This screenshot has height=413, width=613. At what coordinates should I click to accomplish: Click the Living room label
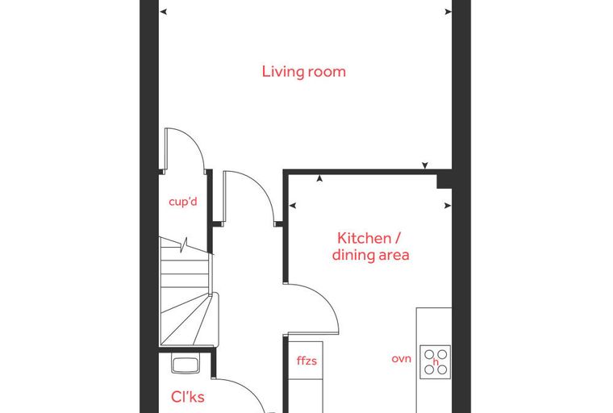tap(304, 72)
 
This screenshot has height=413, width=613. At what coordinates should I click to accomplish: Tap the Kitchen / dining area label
tap(370, 246)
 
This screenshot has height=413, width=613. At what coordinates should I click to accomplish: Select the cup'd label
tap(183, 202)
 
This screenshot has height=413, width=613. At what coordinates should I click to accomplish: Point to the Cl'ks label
tap(188, 397)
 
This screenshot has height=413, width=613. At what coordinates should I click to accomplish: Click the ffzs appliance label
tap(306, 361)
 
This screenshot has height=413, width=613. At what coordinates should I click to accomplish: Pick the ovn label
tap(401, 359)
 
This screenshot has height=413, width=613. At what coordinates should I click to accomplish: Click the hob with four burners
tap(435, 361)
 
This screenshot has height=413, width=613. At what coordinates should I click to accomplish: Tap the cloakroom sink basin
tap(186, 365)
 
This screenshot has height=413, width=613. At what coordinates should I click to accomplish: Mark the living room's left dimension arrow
tap(164, 12)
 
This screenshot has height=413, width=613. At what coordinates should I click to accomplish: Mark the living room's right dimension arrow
tap(448, 12)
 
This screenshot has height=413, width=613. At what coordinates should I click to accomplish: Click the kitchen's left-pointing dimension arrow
tap(293, 206)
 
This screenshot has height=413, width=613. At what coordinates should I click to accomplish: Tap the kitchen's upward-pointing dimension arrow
tap(319, 178)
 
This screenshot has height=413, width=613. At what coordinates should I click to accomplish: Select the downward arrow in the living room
tap(425, 165)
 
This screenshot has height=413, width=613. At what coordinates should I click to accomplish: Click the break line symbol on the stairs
tap(186, 245)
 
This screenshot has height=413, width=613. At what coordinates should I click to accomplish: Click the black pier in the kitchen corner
tap(444, 181)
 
